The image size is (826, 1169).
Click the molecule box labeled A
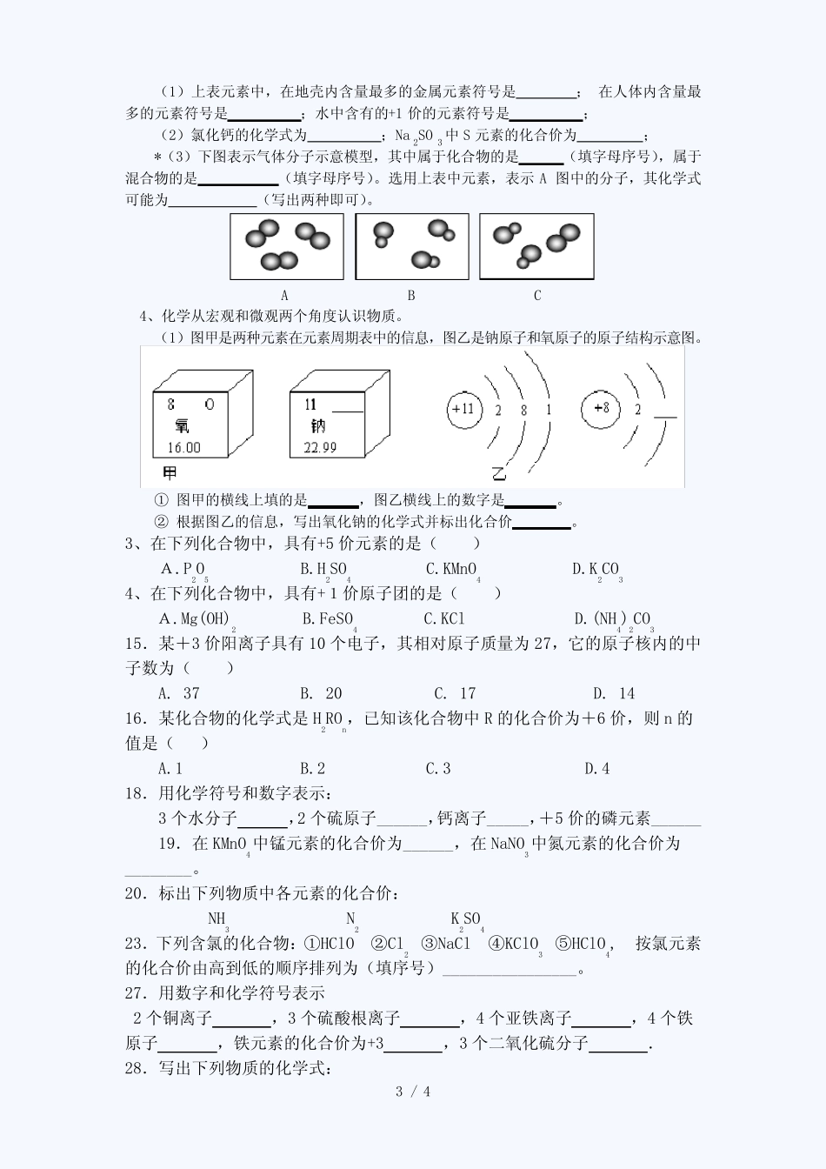[286, 247]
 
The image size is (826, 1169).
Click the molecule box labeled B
[411, 247]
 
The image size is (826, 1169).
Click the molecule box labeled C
[536, 247]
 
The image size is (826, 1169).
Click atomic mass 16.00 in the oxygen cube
[183, 447]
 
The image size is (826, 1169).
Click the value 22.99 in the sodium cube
[320, 447]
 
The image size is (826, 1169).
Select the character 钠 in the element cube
[316, 426]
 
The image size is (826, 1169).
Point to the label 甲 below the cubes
[170, 473]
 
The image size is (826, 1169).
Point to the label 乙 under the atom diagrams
[498, 473]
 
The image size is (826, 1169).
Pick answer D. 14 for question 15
[614, 693]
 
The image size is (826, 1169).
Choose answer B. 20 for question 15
[321, 693]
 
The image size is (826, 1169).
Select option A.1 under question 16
[170, 768]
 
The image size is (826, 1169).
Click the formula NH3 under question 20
[217, 919]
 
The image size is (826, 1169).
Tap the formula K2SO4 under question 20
[465, 919]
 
